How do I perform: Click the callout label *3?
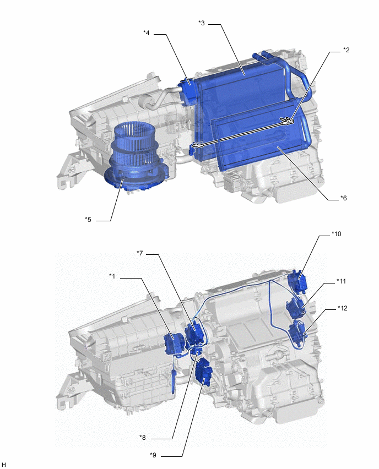point(202,23)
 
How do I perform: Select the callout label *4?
point(147,33)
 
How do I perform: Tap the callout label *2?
point(346,50)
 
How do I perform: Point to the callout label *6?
point(343,198)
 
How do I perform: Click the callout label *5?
point(88,220)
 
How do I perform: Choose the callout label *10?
point(336,234)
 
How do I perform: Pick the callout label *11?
point(341,281)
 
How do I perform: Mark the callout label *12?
point(342,308)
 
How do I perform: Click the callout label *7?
point(140,253)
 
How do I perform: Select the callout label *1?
point(112,276)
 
